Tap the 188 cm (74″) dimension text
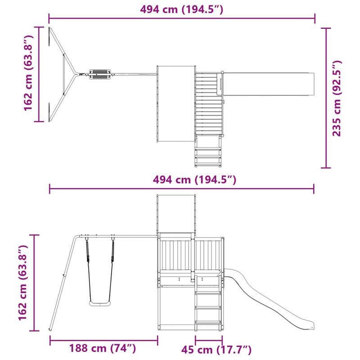[103, 348]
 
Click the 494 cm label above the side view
[182, 180]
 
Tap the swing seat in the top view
[100, 74]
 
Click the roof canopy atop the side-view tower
[176, 214]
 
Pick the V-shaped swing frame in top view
[63, 74]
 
